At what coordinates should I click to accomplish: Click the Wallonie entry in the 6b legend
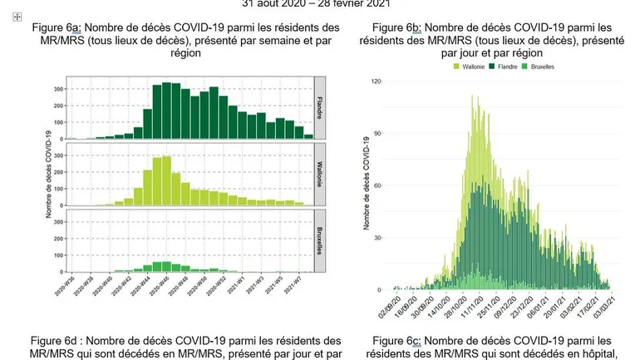[470, 65]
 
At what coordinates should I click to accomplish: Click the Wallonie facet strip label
[319, 174]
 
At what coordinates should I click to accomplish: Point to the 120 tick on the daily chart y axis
[376, 81]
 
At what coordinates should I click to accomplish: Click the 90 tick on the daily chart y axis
[377, 134]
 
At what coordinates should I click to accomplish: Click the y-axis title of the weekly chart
[50, 175]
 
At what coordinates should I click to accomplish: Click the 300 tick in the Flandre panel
[58, 88]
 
